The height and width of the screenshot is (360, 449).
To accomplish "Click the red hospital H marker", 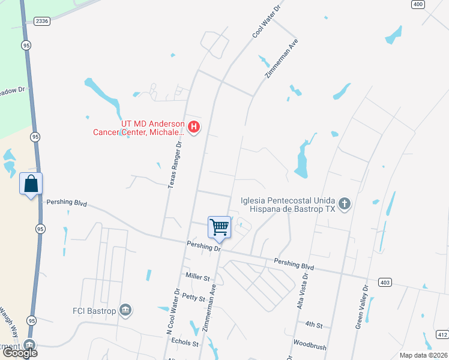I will pyautogui.click(x=194, y=127).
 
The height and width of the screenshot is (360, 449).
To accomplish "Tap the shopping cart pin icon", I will pyautogui.click(x=220, y=227).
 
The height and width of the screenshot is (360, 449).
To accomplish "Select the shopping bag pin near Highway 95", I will pyautogui.click(x=31, y=184).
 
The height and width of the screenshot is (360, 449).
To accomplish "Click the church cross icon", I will pyautogui.click(x=345, y=205).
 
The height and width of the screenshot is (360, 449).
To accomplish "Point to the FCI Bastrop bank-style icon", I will pyautogui.click(x=125, y=310).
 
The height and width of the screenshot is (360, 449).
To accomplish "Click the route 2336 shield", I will pyautogui.click(x=42, y=20).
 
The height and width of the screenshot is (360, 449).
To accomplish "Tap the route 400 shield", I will pyautogui.click(x=418, y=4).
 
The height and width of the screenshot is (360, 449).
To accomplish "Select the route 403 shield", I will pyautogui.click(x=385, y=282).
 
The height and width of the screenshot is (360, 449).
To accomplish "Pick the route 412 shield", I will pyautogui.click(x=442, y=334).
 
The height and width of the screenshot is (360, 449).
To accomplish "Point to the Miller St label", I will pyautogui.click(x=197, y=278).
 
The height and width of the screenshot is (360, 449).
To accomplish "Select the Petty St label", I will pyautogui.click(x=194, y=296).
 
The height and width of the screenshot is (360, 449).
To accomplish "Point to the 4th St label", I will pyautogui.click(x=314, y=325).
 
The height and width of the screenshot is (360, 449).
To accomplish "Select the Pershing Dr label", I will pyautogui.click(x=204, y=247).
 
